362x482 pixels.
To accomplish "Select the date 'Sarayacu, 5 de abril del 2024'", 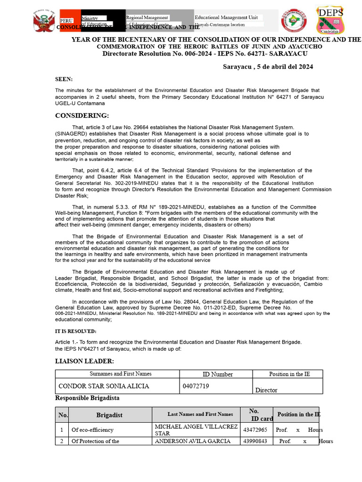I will tap(268, 67).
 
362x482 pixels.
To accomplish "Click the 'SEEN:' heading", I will tap(64, 79).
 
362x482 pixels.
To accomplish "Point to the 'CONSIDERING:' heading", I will tap(82, 116).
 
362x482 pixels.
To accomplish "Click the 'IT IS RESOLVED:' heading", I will tap(75, 331).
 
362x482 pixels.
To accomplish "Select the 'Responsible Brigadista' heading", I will tap(87, 398).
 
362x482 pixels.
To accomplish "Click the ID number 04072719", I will tap(196, 386).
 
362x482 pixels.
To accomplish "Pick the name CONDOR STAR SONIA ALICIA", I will tap(104, 386).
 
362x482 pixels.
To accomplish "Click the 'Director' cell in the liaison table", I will tap(266, 390).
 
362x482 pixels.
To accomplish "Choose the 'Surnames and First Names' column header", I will tap(121, 374).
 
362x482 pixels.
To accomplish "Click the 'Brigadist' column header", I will tap(109, 415).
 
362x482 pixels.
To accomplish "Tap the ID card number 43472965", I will tap(255, 430).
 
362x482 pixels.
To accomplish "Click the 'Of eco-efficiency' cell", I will tap(92, 430).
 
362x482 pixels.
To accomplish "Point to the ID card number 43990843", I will tap(255, 441).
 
